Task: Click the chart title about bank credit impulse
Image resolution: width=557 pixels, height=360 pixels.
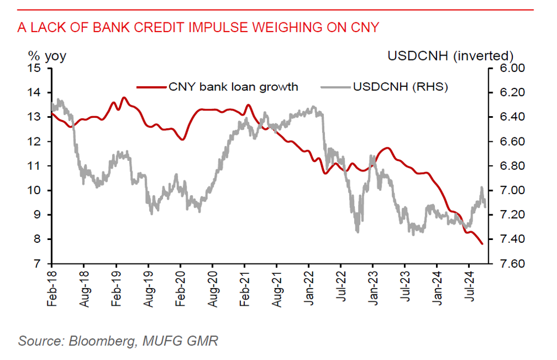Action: point(198,27)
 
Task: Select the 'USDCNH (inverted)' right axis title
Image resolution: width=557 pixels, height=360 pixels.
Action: point(451,56)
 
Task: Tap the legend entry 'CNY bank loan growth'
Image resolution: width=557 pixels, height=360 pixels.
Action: point(233,87)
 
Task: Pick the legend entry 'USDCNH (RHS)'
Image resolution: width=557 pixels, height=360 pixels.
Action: point(400,87)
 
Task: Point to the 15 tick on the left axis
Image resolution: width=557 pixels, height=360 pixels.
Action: point(36,69)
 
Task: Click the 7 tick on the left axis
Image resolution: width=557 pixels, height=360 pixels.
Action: point(39,264)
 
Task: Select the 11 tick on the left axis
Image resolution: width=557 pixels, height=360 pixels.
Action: point(36,166)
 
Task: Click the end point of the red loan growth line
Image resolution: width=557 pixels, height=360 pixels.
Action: point(482,244)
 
